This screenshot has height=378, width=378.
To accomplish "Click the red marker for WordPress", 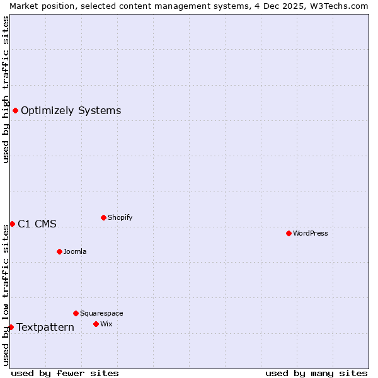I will (x=289, y=233).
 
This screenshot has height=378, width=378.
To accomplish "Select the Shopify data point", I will (x=103, y=217).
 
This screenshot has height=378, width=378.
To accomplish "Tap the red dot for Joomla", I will (x=59, y=251).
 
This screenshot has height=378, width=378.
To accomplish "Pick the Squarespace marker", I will (x=76, y=313).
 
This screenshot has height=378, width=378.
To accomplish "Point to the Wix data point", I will (x=96, y=324).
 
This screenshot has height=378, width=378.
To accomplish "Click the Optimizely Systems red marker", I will (x=15, y=111).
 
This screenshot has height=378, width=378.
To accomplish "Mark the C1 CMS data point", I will (x=12, y=224).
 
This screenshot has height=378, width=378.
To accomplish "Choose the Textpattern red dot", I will (x=11, y=327).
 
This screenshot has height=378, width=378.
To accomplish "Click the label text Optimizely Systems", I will (x=71, y=111).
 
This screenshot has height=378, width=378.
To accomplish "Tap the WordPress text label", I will (x=311, y=233).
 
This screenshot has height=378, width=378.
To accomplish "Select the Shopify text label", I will (x=120, y=217).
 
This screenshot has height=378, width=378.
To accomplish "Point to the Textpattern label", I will (x=45, y=327).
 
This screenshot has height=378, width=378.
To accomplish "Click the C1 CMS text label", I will (x=37, y=224).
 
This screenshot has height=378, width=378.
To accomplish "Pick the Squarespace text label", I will (x=101, y=313).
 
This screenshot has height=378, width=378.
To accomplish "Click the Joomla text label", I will (x=75, y=251).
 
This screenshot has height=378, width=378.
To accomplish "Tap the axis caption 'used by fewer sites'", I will (x=65, y=373).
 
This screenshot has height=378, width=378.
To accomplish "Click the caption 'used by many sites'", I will (x=316, y=373).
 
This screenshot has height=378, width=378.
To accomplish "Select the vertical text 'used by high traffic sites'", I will (x=6, y=89).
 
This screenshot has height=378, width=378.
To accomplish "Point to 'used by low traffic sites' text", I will (x=6, y=294).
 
